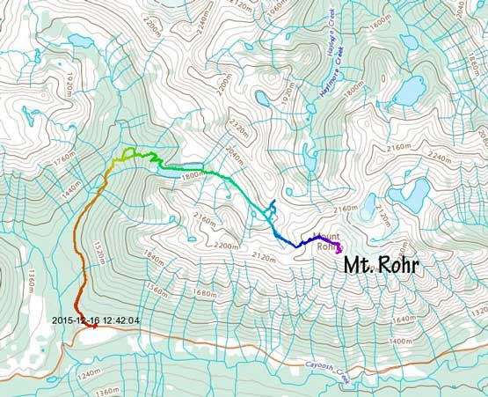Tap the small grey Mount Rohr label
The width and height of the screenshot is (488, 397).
click(x=326, y=242)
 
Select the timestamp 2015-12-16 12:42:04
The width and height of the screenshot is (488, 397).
click(x=96, y=320)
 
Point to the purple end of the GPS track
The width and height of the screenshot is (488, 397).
click(x=339, y=250)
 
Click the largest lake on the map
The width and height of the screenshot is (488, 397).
click(x=409, y=89)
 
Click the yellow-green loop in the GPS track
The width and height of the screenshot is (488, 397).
click(x=129, y=154)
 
